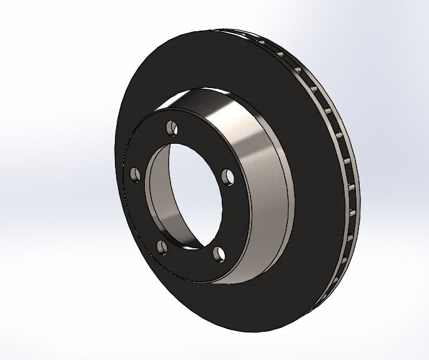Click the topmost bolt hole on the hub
172,128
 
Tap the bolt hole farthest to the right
227,176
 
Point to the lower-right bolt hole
218,252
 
